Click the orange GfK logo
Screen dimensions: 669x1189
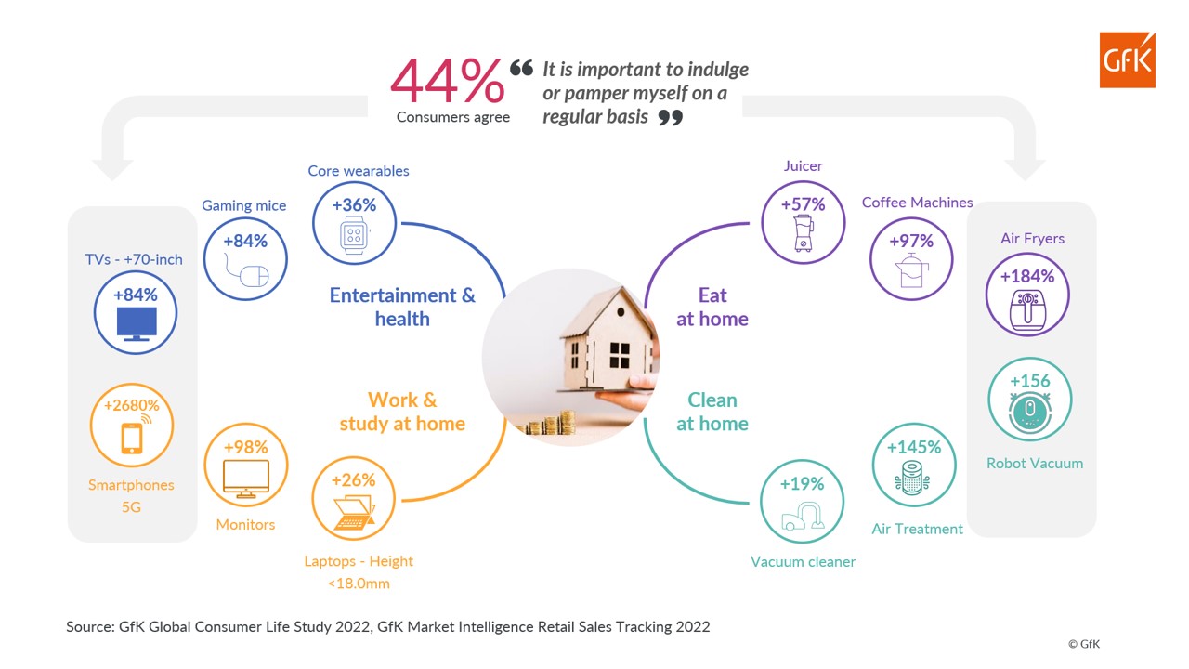click(x=1127, y=59)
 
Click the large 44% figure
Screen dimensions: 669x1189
click(x=448, y=81)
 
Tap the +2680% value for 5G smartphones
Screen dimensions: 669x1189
click(x=131, y=406)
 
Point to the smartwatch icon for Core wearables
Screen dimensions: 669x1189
click(x=354, y=235)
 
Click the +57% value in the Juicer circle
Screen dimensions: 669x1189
click(x=803, y=204)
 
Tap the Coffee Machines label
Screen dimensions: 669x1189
click(x=917, y=203)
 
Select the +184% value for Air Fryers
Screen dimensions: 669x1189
click(x=1026, y=276)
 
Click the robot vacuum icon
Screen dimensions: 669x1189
click(x=1029, y=411)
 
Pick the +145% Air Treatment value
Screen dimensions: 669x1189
click(x=914, y=447)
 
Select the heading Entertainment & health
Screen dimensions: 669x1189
click(x=402, y=307)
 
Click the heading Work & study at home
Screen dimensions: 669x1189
click(x=402, y=412)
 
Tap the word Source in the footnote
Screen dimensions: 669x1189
click(x=89, y=626)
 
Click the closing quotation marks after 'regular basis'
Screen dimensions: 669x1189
click(x=670, y=118)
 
